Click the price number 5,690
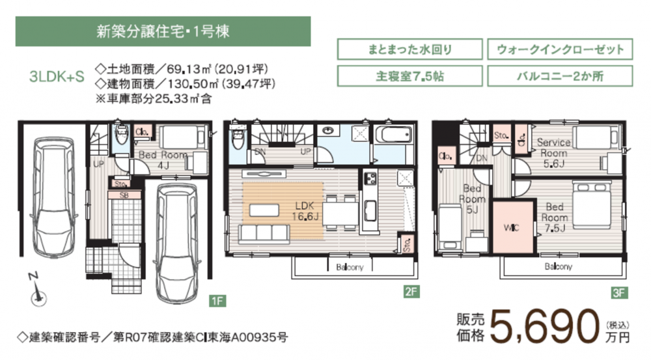(x=545, y=327)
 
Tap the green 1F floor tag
(x=217, y=301)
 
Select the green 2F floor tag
(x=411, y=292)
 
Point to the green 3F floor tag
(x=618, y=293)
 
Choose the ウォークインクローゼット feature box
(x=560, y=49)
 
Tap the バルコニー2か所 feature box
(x=560, y=76)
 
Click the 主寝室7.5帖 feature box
(x=409, y=76)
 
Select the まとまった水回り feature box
(x=409, y=49)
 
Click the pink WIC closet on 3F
(x=513, y=227)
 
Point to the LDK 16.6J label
(x=305, y=211)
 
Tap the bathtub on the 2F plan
(x=393, y=135)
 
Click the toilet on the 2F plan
(x=238, y=138)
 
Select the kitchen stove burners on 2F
(x=370, y=178)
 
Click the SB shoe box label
(x=124, y=195)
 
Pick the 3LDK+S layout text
(x=57, y=77)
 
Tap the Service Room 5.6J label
(x=554, y=153)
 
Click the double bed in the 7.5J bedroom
(x=592, y=206)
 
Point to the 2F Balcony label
(x=350, y=267)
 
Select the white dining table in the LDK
(x=340, y=214)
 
